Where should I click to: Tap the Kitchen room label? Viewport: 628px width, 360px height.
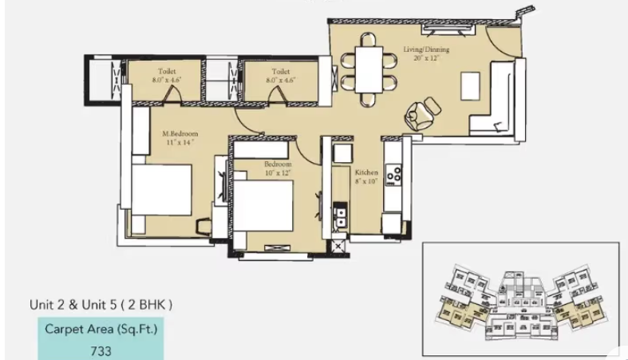coord(366,172)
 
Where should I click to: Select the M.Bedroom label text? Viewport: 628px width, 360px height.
coord(180,133)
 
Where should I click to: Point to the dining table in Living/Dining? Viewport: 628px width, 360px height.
coord(369,69)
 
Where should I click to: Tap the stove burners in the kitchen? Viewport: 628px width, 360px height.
coord(393,173)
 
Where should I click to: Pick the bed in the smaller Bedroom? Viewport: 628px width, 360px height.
coord(263,204)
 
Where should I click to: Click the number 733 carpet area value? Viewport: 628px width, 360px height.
coord(101,350)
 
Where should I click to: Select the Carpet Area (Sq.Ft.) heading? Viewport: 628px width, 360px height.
coord(101,329)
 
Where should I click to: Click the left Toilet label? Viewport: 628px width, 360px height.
coord(168,71)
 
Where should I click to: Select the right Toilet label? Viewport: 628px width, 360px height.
coord(279,71)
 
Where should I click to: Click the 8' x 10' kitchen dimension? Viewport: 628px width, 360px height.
coord(366,181)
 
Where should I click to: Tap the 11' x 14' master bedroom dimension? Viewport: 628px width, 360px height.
coord(181,142)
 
